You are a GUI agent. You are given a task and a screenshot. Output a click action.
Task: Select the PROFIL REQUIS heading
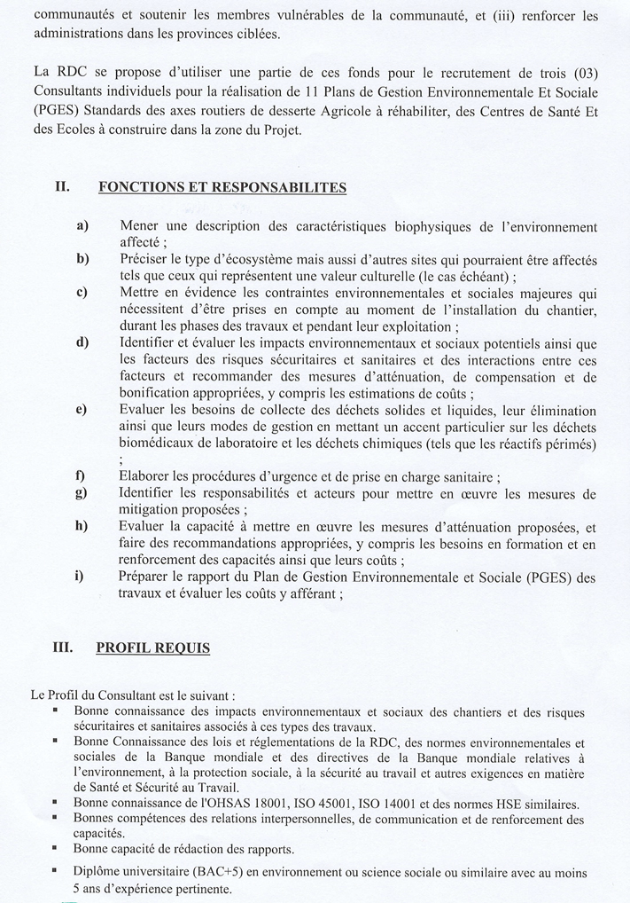(x=152, y=648)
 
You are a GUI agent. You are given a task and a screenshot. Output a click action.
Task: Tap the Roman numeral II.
(x=62, y=187)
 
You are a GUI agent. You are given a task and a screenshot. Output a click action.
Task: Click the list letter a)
(x=82, y=226)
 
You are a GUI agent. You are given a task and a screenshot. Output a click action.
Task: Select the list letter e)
(x=82, y=410)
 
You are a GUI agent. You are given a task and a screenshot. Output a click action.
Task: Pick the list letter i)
(x=81, y=577)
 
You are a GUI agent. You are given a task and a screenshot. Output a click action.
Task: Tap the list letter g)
(x=82, y=493)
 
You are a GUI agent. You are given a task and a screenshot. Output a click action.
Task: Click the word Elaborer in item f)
(x=144, y=476)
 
